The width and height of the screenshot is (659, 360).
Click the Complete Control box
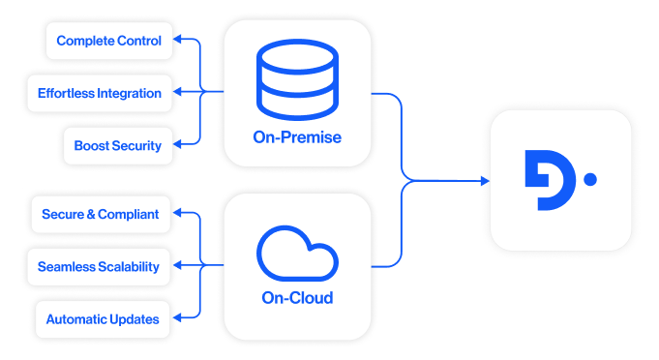tap(109, 41)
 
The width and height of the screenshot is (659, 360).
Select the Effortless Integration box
tap(100, 94)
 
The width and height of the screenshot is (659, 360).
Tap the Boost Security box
tap(117, 146)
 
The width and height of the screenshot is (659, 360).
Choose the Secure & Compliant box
tap(100, 214)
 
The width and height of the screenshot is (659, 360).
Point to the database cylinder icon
tap(297, 80)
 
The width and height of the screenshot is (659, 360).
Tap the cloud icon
tap(297, 253)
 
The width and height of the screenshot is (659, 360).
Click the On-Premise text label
tap(297, 137)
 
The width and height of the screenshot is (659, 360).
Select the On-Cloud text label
tap(297, 298)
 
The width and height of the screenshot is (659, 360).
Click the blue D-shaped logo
tap(549, 180)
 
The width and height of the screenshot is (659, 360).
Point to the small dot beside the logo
tap(590, 179)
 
